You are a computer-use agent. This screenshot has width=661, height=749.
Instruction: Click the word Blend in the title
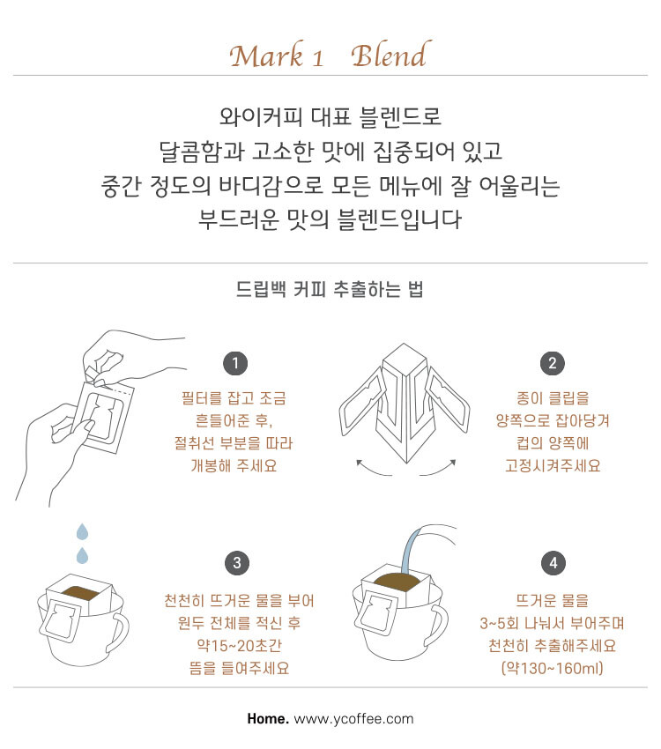tap(391, 55)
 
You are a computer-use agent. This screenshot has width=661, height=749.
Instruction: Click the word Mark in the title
tap(267, 55)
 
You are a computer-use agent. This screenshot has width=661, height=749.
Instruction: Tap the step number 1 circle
tap(235, 364)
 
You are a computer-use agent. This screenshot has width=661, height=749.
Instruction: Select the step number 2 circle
tap(552, 364)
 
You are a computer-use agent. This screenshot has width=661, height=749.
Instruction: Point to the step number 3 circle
tap(237, 563)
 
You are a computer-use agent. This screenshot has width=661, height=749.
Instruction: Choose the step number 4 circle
tap(553, 563)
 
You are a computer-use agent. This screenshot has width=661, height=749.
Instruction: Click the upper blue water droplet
tap(83, 531)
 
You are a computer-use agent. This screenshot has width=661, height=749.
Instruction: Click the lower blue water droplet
tap(83, 555)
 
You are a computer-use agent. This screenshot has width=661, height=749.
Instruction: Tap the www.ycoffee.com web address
tap(354, 719)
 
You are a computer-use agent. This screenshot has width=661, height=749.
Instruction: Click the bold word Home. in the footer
tap(268, 718)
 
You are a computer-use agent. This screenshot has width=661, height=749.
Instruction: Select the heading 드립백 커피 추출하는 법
tap(330, 289)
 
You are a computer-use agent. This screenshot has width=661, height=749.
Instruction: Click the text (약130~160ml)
tap(552, 668)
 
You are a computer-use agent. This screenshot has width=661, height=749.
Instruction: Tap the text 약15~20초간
tap(239, 645)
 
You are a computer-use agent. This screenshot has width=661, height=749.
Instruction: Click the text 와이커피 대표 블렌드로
tap(330, 116)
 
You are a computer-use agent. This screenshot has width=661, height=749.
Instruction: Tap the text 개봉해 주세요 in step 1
tap(234, 465)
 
